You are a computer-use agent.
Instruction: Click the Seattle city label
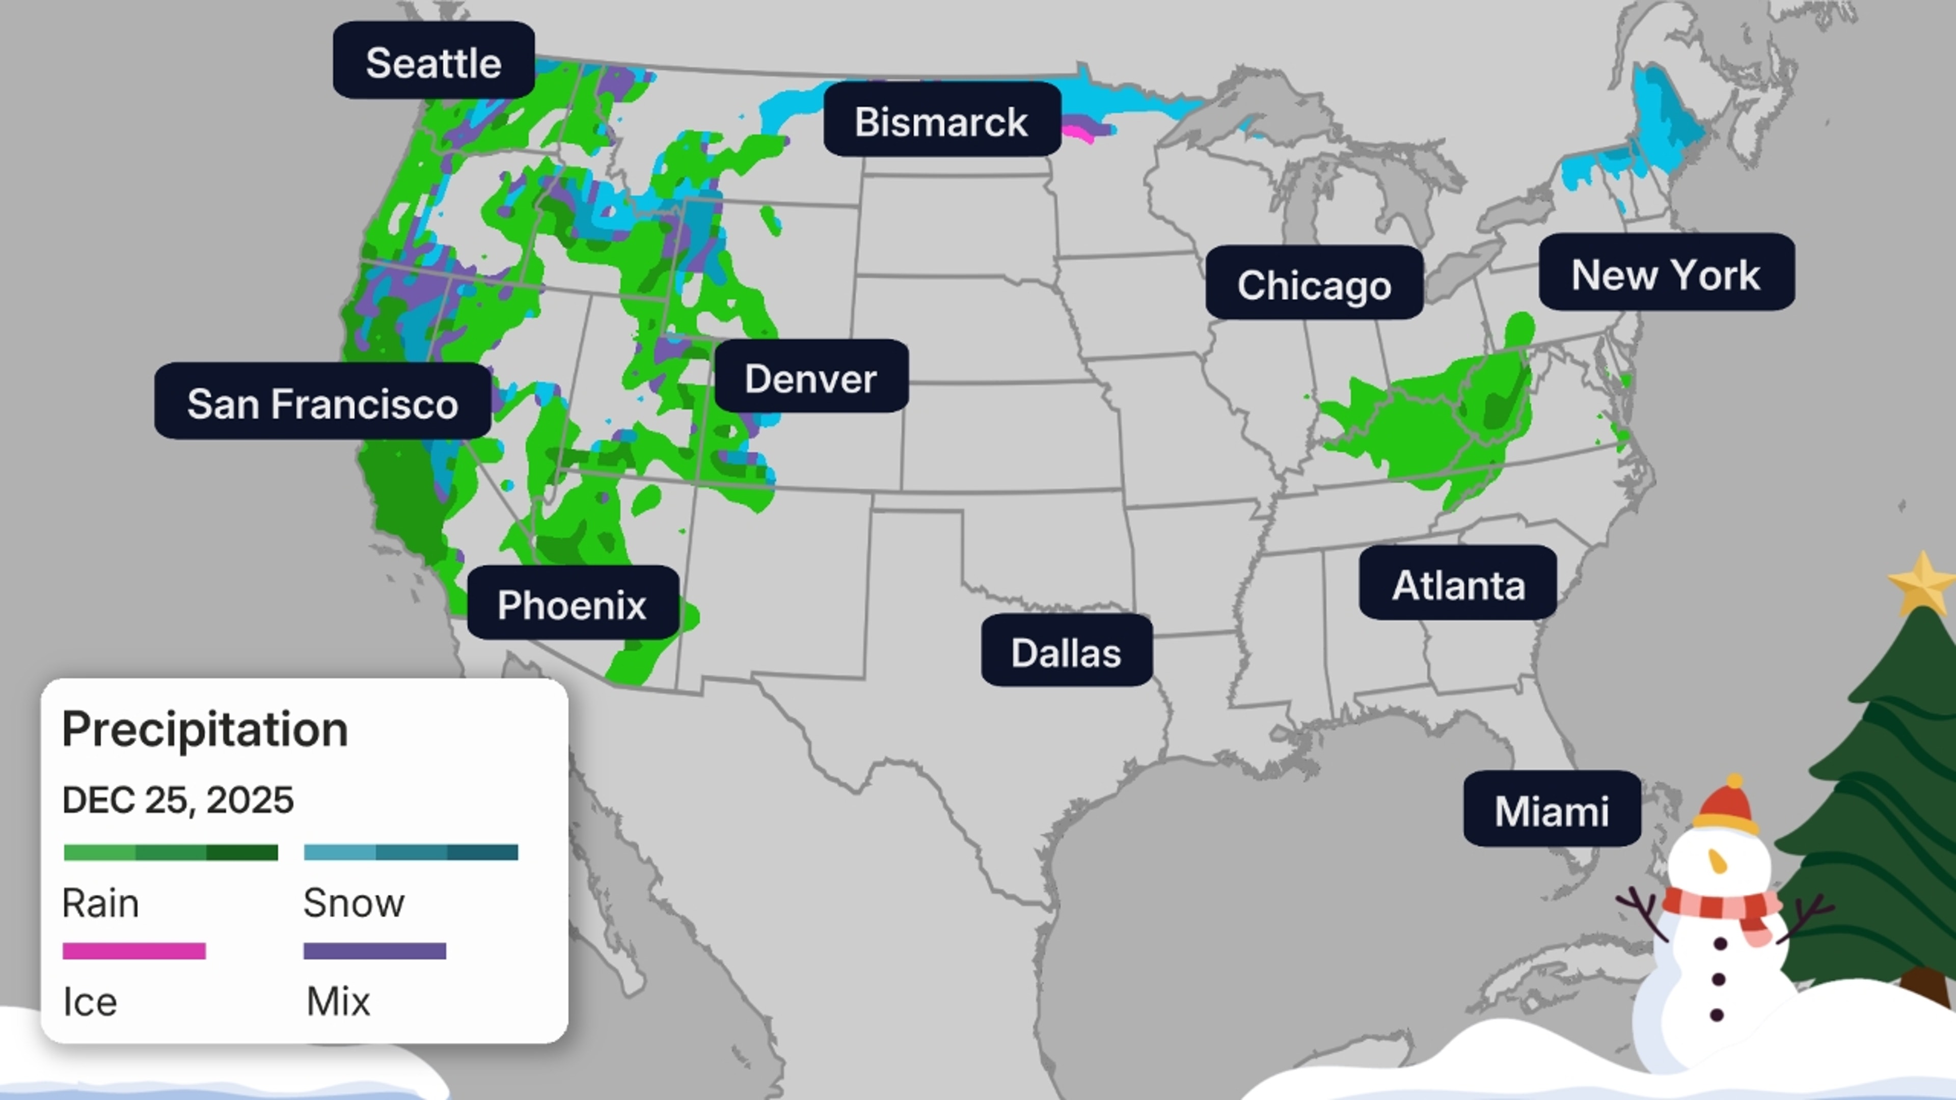pos(433,61)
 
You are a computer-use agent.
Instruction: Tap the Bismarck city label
pos(941,120)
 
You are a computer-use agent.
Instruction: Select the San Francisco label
pos(323,402)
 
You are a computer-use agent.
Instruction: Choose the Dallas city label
pos(1066,651)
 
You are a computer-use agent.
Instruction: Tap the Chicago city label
pos(1314,283)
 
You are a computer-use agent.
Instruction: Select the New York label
pos(1666,272)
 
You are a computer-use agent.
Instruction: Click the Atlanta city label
pos(1458,584)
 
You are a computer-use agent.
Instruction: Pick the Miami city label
pos(1551,809)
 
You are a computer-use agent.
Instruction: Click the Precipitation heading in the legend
pos(205,729)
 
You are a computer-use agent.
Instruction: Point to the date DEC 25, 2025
pos(178,800)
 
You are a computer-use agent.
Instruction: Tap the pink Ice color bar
pos(133,950)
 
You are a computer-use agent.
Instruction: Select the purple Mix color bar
pos(374,950)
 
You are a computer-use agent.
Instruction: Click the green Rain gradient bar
pos(171,852)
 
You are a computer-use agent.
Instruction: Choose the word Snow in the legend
pos(354,902)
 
